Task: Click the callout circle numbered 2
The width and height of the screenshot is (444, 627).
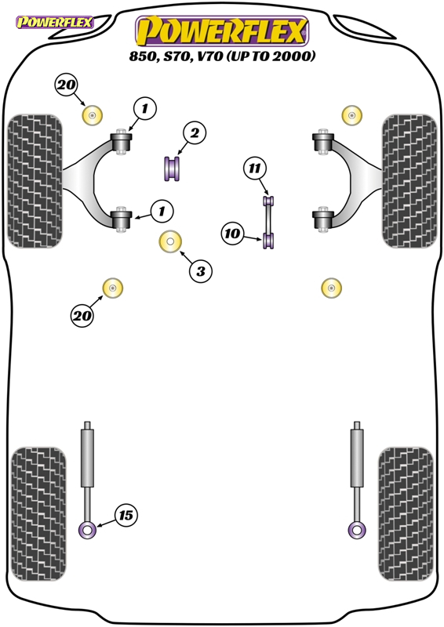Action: [195, 132]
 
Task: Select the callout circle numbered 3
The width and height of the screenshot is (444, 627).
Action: [200, 271]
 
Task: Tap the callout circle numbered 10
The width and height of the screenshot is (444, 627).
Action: [233, 234]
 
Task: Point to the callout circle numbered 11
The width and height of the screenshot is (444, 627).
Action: [255, 169]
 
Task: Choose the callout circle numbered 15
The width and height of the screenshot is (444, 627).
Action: [126, 515]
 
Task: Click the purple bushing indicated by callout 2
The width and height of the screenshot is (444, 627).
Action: [172, 169]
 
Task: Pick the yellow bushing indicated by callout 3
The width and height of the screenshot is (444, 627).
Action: [170, 242]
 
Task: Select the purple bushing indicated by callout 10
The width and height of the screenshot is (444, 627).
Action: [268, 241]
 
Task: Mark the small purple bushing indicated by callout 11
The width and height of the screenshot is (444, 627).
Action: [268, 201]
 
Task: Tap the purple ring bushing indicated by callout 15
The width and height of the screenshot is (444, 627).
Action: [87, 531]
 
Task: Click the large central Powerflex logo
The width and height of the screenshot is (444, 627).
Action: [222, 31]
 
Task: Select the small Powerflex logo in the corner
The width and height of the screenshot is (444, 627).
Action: [54, 23]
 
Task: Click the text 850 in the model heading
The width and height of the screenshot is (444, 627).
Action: [142, 56]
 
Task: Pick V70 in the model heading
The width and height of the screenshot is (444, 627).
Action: [208, 56]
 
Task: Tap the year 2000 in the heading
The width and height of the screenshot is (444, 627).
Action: [293, 56]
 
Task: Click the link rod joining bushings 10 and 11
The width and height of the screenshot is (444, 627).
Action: [267, 219]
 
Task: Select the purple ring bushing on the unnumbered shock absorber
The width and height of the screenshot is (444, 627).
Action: [357, 531]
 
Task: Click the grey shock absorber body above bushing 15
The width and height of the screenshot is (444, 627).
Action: [87, 458]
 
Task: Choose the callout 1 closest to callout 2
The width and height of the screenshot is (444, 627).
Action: [144, 108]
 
